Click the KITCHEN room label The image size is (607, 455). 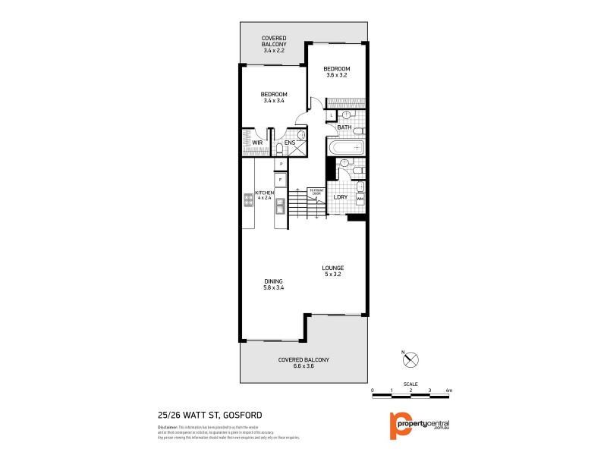[263, 193]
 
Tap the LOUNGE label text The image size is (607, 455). [332, 268]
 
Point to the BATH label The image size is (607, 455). [343, 127]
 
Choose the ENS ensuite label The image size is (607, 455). [290, 142]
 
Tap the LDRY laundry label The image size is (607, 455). [341, 197]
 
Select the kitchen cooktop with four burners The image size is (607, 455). [248, 200]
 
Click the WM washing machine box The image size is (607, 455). [360, 199]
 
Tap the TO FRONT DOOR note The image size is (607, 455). [315, 192]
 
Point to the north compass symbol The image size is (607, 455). [412, 360]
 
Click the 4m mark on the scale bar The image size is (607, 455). [449, 391]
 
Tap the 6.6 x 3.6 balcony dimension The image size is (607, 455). [303, 366]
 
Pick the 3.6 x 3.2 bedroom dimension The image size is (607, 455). [336, 75]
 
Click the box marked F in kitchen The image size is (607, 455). [281, 179]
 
